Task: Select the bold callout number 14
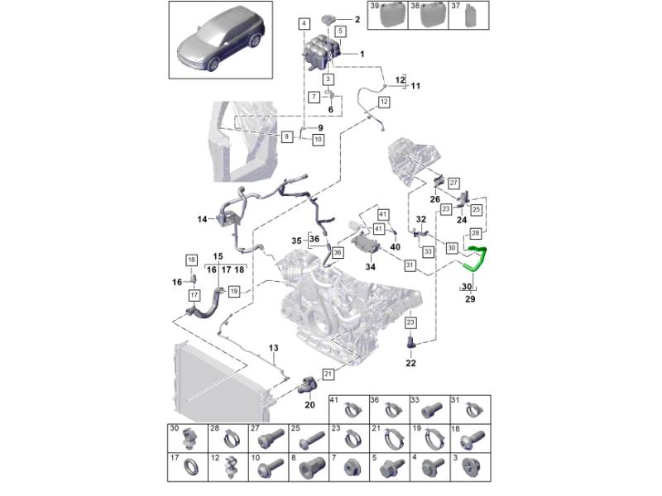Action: point(203,219)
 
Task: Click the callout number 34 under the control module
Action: point(369,267)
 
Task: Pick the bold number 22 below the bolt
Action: point(411,362)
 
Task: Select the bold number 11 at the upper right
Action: point(415,86)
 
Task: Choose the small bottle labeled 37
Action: point(471,17)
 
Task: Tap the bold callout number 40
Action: point(395,246)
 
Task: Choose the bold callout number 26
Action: point(435,199)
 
